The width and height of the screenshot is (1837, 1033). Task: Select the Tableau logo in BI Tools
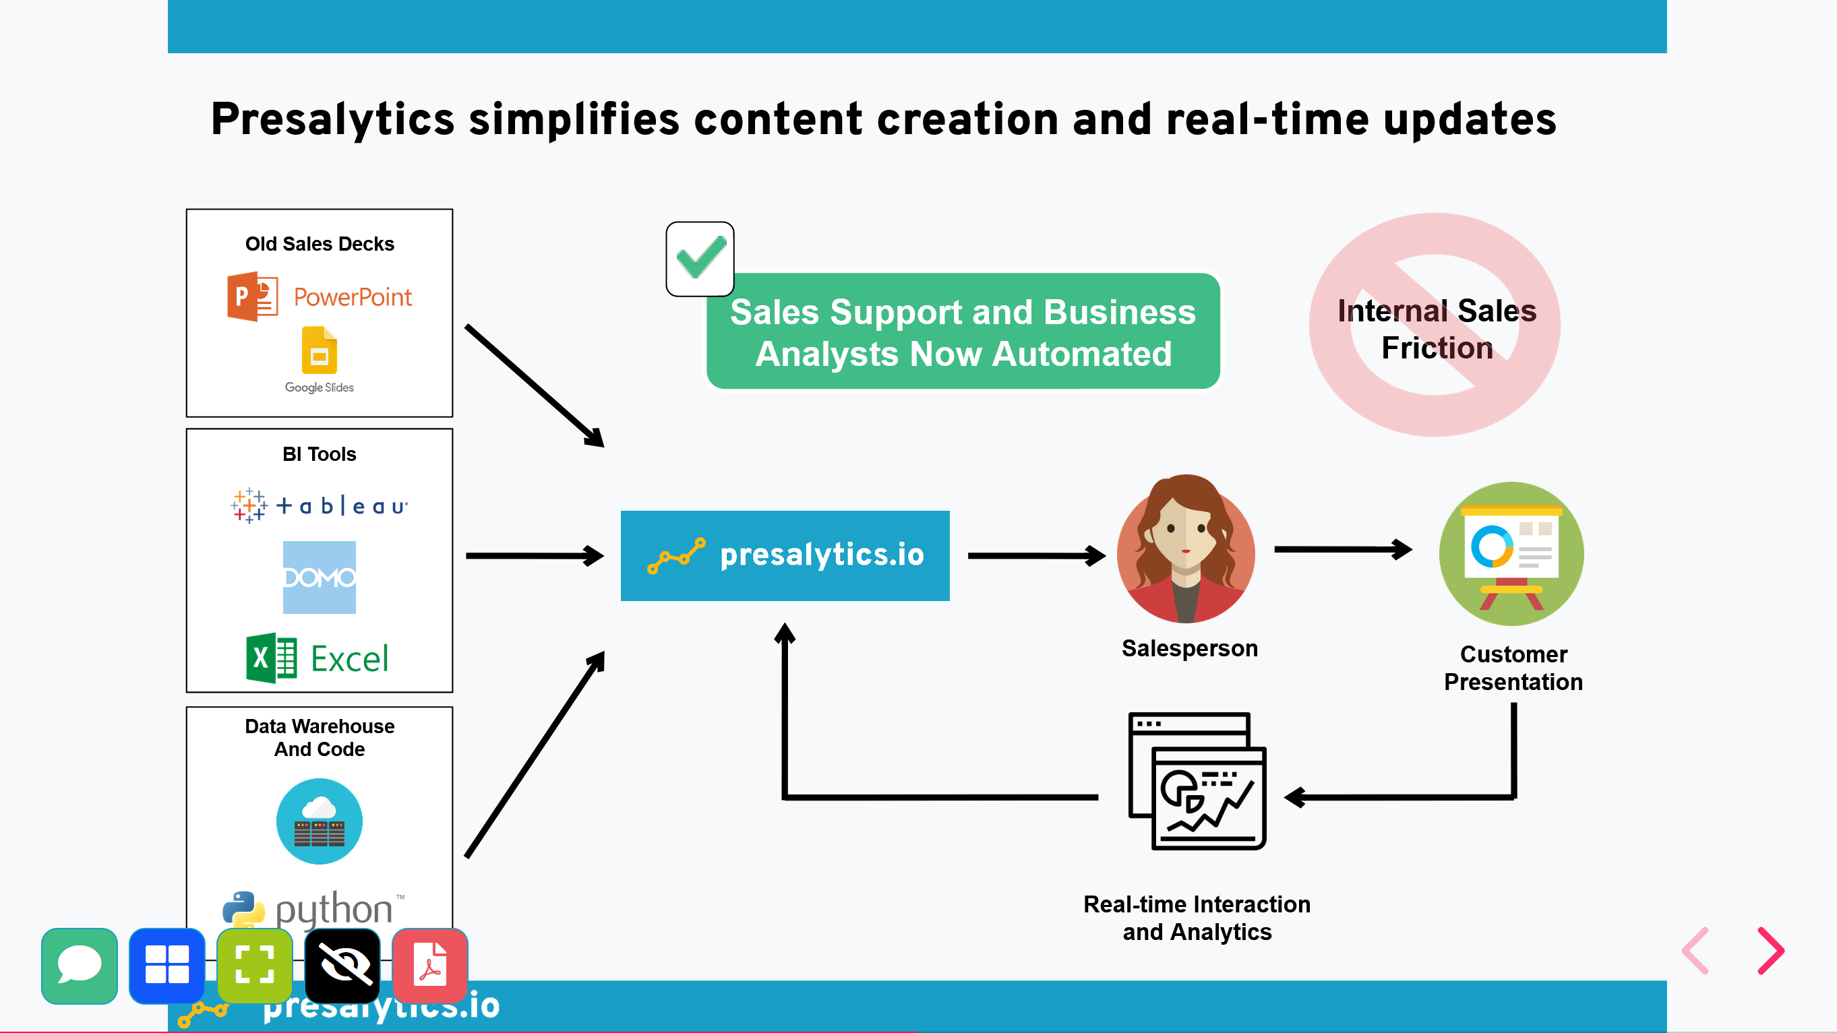[x=319, y=505]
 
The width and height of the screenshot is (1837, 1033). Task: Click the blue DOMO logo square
[x=319, y=577]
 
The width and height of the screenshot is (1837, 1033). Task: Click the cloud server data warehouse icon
[x=319, y=821]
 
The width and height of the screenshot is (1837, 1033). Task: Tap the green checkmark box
[x=700, y=259]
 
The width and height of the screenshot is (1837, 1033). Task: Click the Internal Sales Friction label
[x=1436, y=329]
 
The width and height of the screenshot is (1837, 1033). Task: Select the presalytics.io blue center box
[x=785, y=555]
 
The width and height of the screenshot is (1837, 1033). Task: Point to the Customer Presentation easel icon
[x=1511, y=554]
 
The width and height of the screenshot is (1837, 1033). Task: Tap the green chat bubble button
[x=79, y=965]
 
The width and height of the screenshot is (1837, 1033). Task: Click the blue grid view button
[x=167, y=965]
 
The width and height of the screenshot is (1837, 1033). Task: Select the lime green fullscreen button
[x=255, y=965]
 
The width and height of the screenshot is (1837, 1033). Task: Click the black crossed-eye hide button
[x=342, y=965]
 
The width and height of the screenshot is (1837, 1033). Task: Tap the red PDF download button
[x=430, y=965]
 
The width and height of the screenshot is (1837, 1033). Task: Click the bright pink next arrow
[x=1772, y=950]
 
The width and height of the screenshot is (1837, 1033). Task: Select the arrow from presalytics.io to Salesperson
[x=1035, y=555]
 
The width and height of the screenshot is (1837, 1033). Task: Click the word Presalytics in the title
[x=332, y=119]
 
